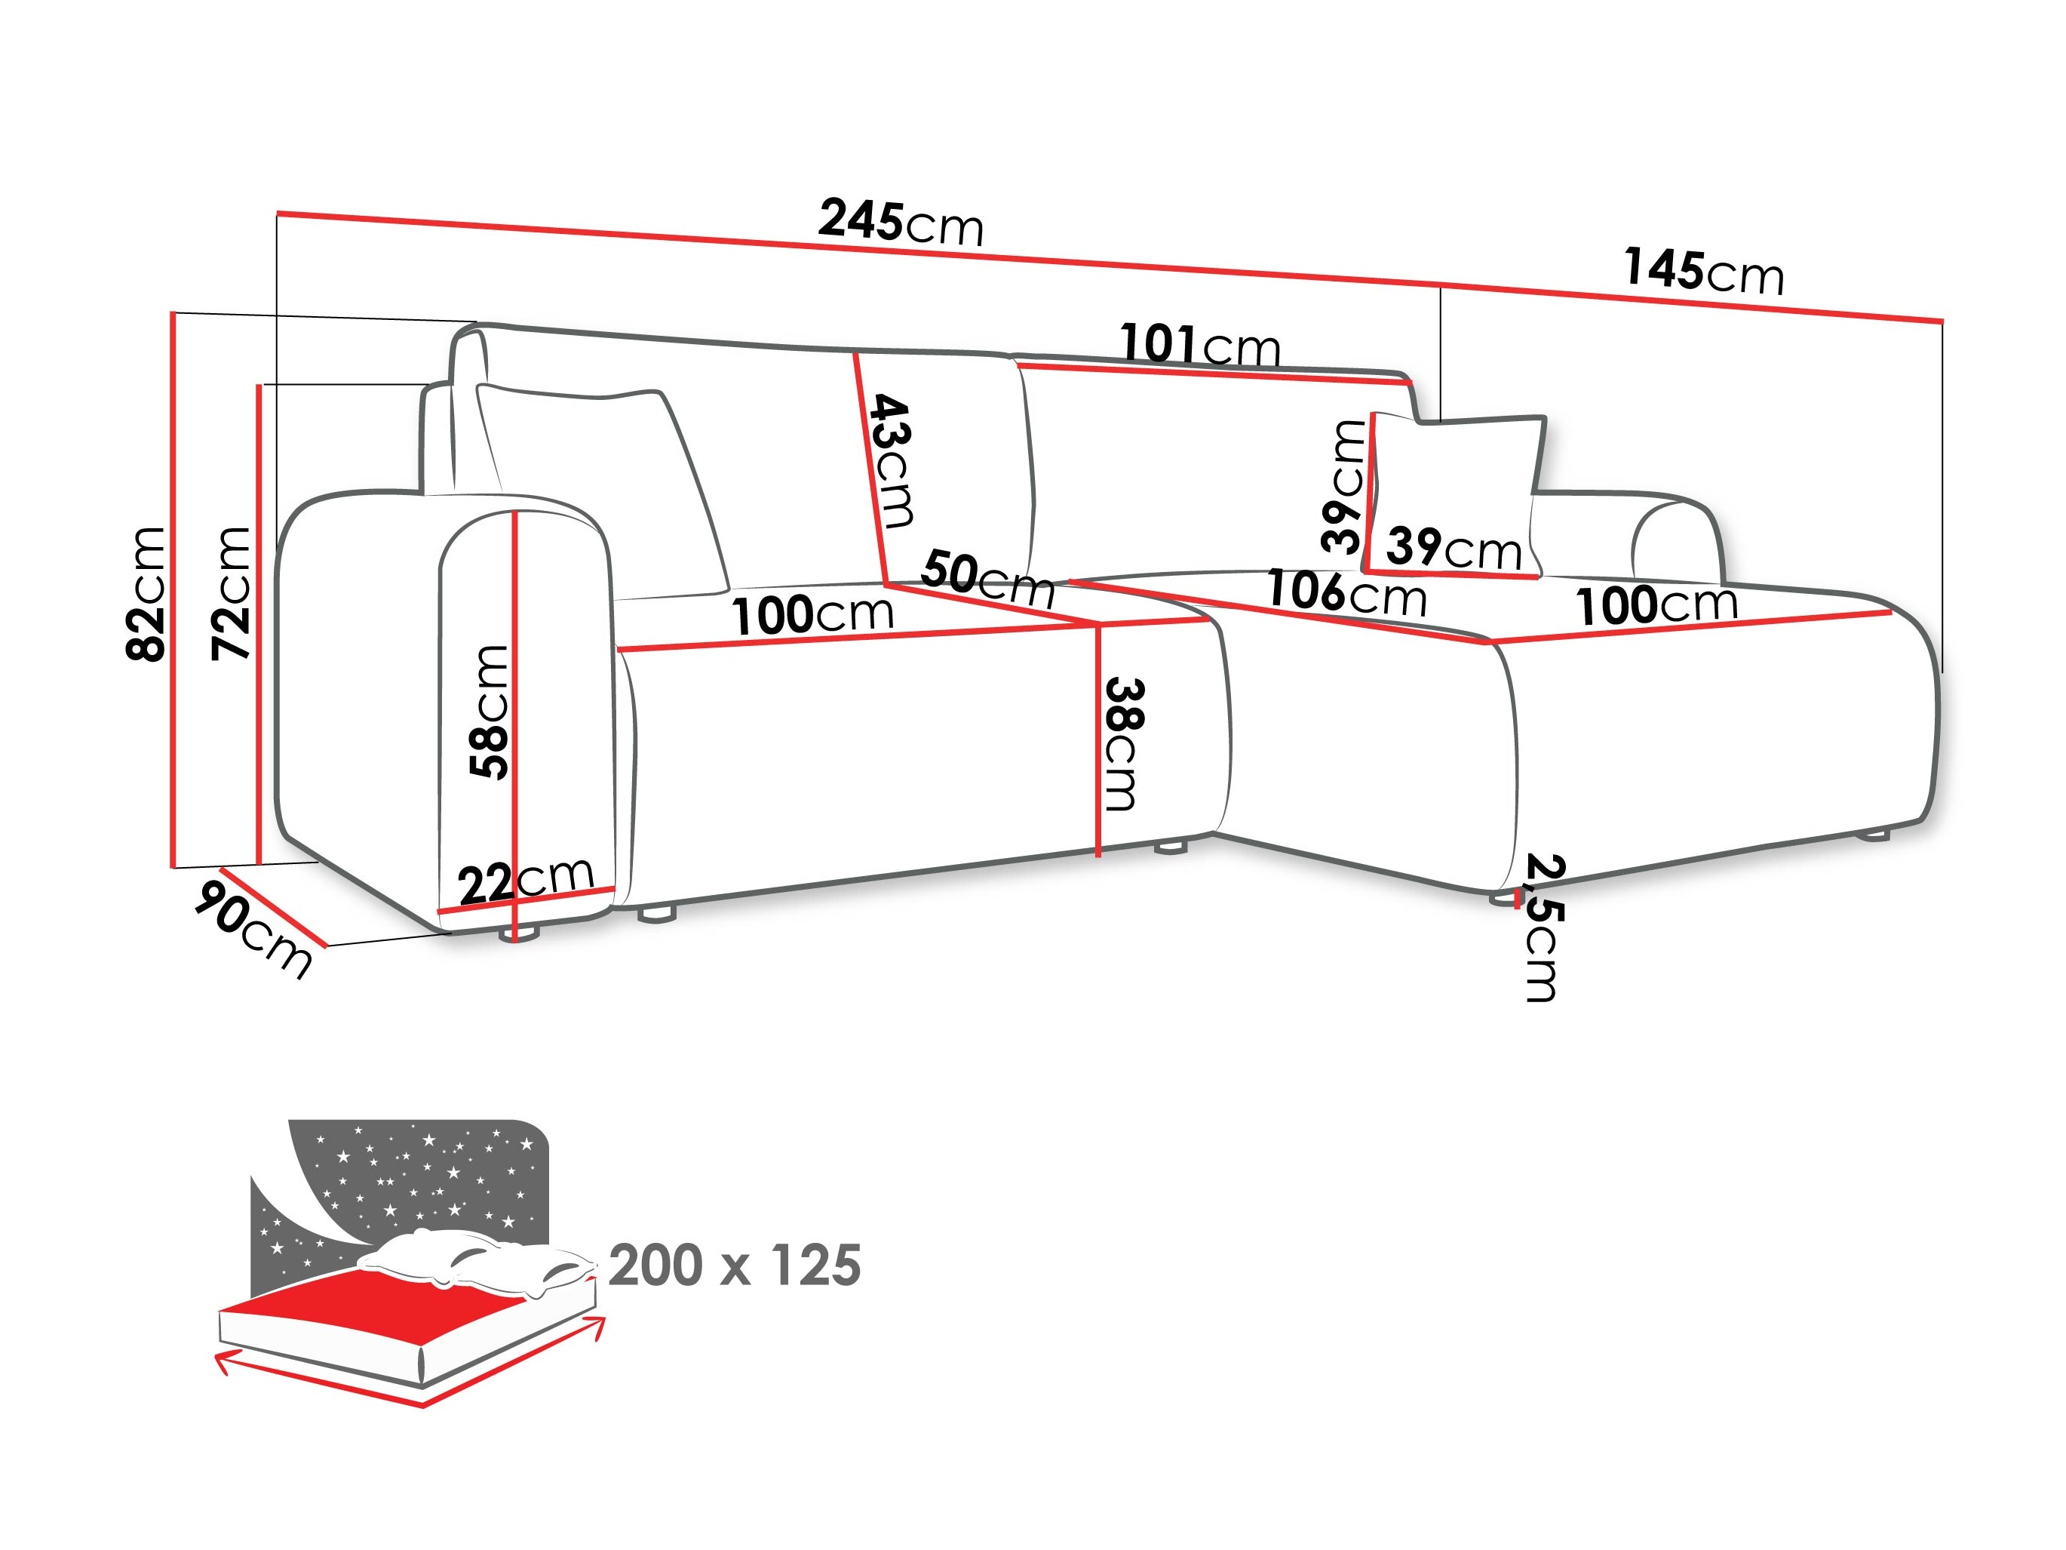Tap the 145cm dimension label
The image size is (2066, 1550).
tap(1702, 271)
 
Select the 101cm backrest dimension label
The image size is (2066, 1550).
tap(1199, 345)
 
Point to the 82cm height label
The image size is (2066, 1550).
tap(146, 594)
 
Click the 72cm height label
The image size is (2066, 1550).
tap(231, 594)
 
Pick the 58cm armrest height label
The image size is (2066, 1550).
tap(490, 712)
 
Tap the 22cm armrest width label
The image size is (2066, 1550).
tap(526, 879)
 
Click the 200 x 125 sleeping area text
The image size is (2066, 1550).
tap(734, 1267)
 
